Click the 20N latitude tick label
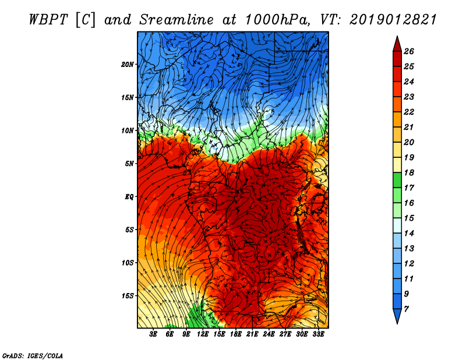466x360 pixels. tap(128, 64)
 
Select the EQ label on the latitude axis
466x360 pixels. tap(129, 196)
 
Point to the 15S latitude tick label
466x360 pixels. tap(128, 296)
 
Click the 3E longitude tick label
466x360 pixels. tap(153, 334)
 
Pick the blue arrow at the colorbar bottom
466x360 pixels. tap(397, 316)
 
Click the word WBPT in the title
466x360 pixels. tap(51, 19)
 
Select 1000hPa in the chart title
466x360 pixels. tap(277, 19)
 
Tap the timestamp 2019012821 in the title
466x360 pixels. tap(393, 19)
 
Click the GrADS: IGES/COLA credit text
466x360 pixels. tap(33, 355)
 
